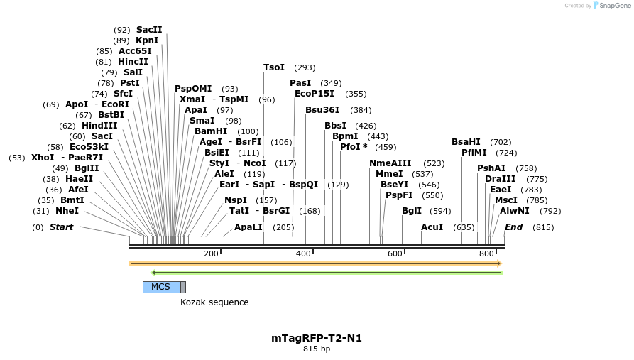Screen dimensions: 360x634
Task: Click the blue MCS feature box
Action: click(161, 287)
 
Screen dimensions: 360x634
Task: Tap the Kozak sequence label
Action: click(214, 302)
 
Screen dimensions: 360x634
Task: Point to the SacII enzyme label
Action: click(149, 30)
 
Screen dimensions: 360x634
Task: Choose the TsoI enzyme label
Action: click(274, 67)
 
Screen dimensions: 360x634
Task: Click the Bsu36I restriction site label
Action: click(322, 110)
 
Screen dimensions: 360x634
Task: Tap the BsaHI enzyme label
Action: click(466, 142)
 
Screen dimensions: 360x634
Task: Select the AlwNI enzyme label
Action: click(514, 211)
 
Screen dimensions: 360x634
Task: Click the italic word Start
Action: click(61, 227)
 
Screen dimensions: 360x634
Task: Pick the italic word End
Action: click(513, 227)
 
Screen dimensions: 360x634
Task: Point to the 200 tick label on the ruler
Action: click(211, 254)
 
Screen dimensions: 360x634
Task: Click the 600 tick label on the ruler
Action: click(395, 254)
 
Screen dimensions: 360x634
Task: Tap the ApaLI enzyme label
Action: click(248, 227)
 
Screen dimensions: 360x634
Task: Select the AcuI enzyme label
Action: click(432, 227)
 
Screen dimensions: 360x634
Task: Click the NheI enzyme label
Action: click(67, 211)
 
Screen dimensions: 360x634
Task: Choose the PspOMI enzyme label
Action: click(193, 89)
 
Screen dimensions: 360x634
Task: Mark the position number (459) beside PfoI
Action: click(386, 147)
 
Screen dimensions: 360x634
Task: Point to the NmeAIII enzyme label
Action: click(390, 163)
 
